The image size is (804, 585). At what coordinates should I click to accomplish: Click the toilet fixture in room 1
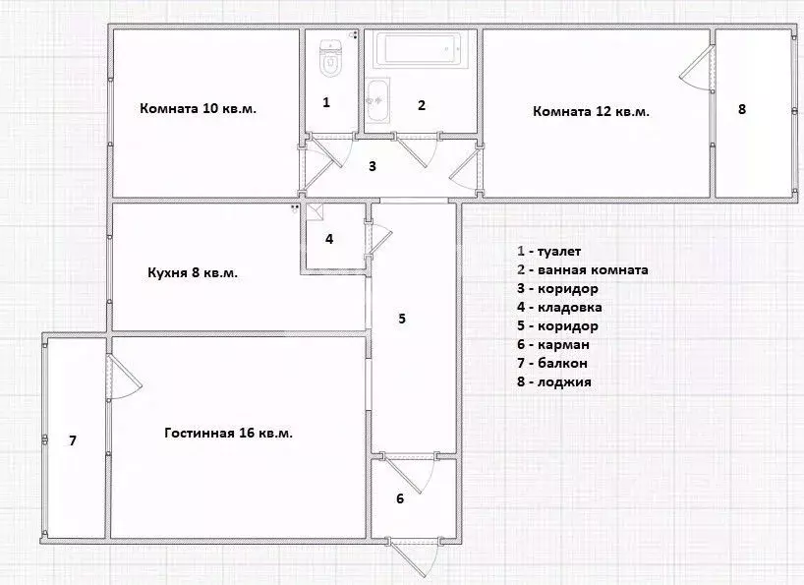[330, 58]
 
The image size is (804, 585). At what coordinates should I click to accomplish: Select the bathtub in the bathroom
[421, 49]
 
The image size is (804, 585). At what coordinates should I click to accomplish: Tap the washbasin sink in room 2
[377, 100]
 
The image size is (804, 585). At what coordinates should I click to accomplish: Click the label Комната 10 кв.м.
[198, 109]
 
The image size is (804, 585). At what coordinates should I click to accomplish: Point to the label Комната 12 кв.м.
[592, 112]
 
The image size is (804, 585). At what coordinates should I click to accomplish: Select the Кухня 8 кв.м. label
[193, 272]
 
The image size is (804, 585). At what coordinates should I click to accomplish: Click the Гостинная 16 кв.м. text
[229, 434]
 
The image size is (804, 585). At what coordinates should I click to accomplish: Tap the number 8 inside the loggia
[742, 109]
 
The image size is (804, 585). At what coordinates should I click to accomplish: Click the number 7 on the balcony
[73, 440]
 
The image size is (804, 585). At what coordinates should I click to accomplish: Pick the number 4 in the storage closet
[329, 239]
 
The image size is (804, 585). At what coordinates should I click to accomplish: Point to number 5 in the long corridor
[402, 319]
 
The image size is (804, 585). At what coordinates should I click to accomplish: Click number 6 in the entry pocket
[400, 498]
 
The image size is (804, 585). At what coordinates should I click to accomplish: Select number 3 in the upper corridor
[373, 166]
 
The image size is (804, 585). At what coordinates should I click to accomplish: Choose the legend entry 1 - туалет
[549, 252]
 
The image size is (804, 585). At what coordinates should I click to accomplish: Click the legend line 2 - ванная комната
[583, 270]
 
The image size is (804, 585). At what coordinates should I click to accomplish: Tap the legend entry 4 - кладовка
[559, 308]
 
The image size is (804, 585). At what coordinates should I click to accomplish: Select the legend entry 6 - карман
[553, 345]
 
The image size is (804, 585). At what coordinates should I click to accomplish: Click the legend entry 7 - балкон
[552, 364]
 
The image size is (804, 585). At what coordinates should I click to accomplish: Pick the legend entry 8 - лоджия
[554, 382]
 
